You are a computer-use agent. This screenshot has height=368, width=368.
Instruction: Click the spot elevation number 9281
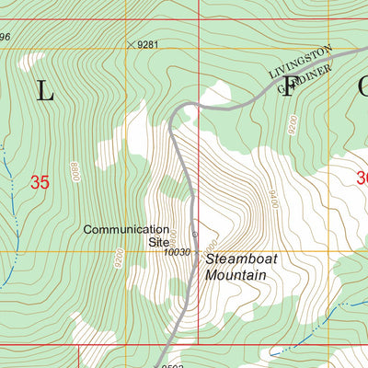coord(150,44)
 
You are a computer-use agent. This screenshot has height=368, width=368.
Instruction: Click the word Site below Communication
coord(159,243)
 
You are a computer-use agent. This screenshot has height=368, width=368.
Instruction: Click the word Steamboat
coord(241,259)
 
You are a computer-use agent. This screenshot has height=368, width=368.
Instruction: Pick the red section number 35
coord(40,182)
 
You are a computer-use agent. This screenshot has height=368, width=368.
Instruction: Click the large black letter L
coord(44,90)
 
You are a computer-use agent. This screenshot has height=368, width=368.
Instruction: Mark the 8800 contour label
coord(73,171)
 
